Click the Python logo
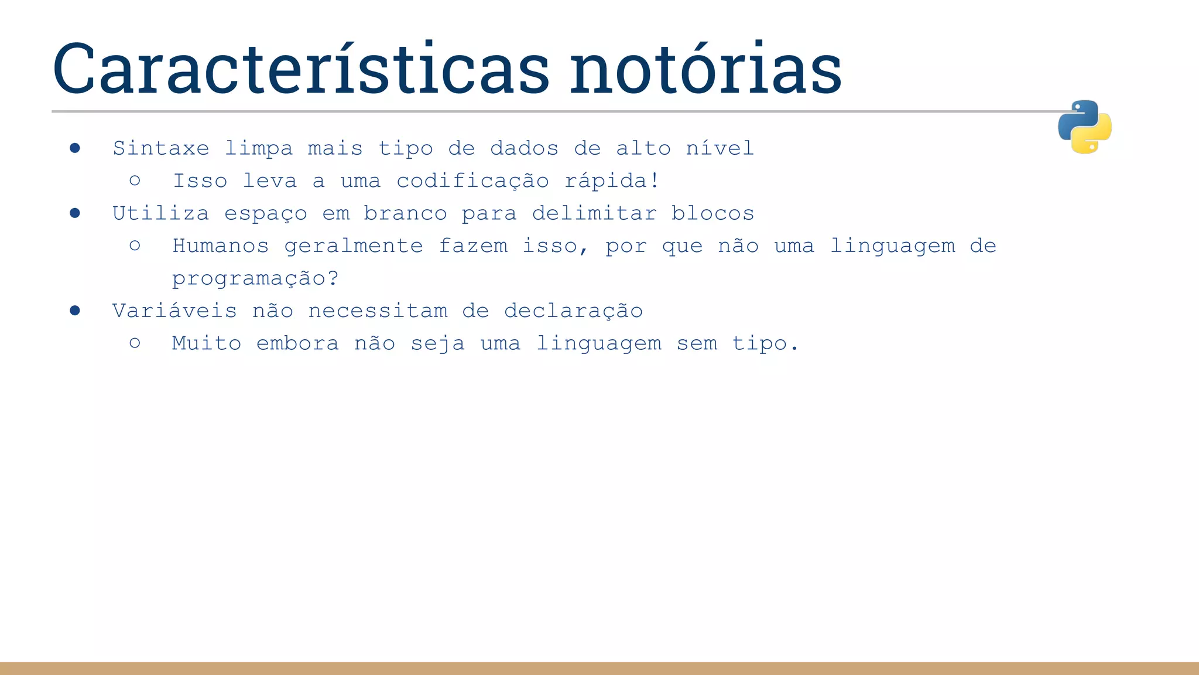(x=1084, y=127)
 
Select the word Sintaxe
(x=161, y=148)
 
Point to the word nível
(x=720, y=148)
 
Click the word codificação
(x=472, y=181)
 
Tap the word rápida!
(x=612, y=181)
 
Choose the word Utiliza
(x=161, y=213)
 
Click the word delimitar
(x=594, y=213)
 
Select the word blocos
(x=712, y=213)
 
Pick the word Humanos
(x=221, y=246)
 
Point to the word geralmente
(x=354, y=246)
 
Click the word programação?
(x=255, y=278)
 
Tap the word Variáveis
(x=174, y=311)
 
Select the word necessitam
(x=378, y=311)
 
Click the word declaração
(x=573, y=311)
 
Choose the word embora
(x=297, y=343)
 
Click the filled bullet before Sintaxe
(x=75, y=148)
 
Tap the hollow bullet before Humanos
(x=135, y=246)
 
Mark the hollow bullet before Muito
(x=135, y=343)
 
